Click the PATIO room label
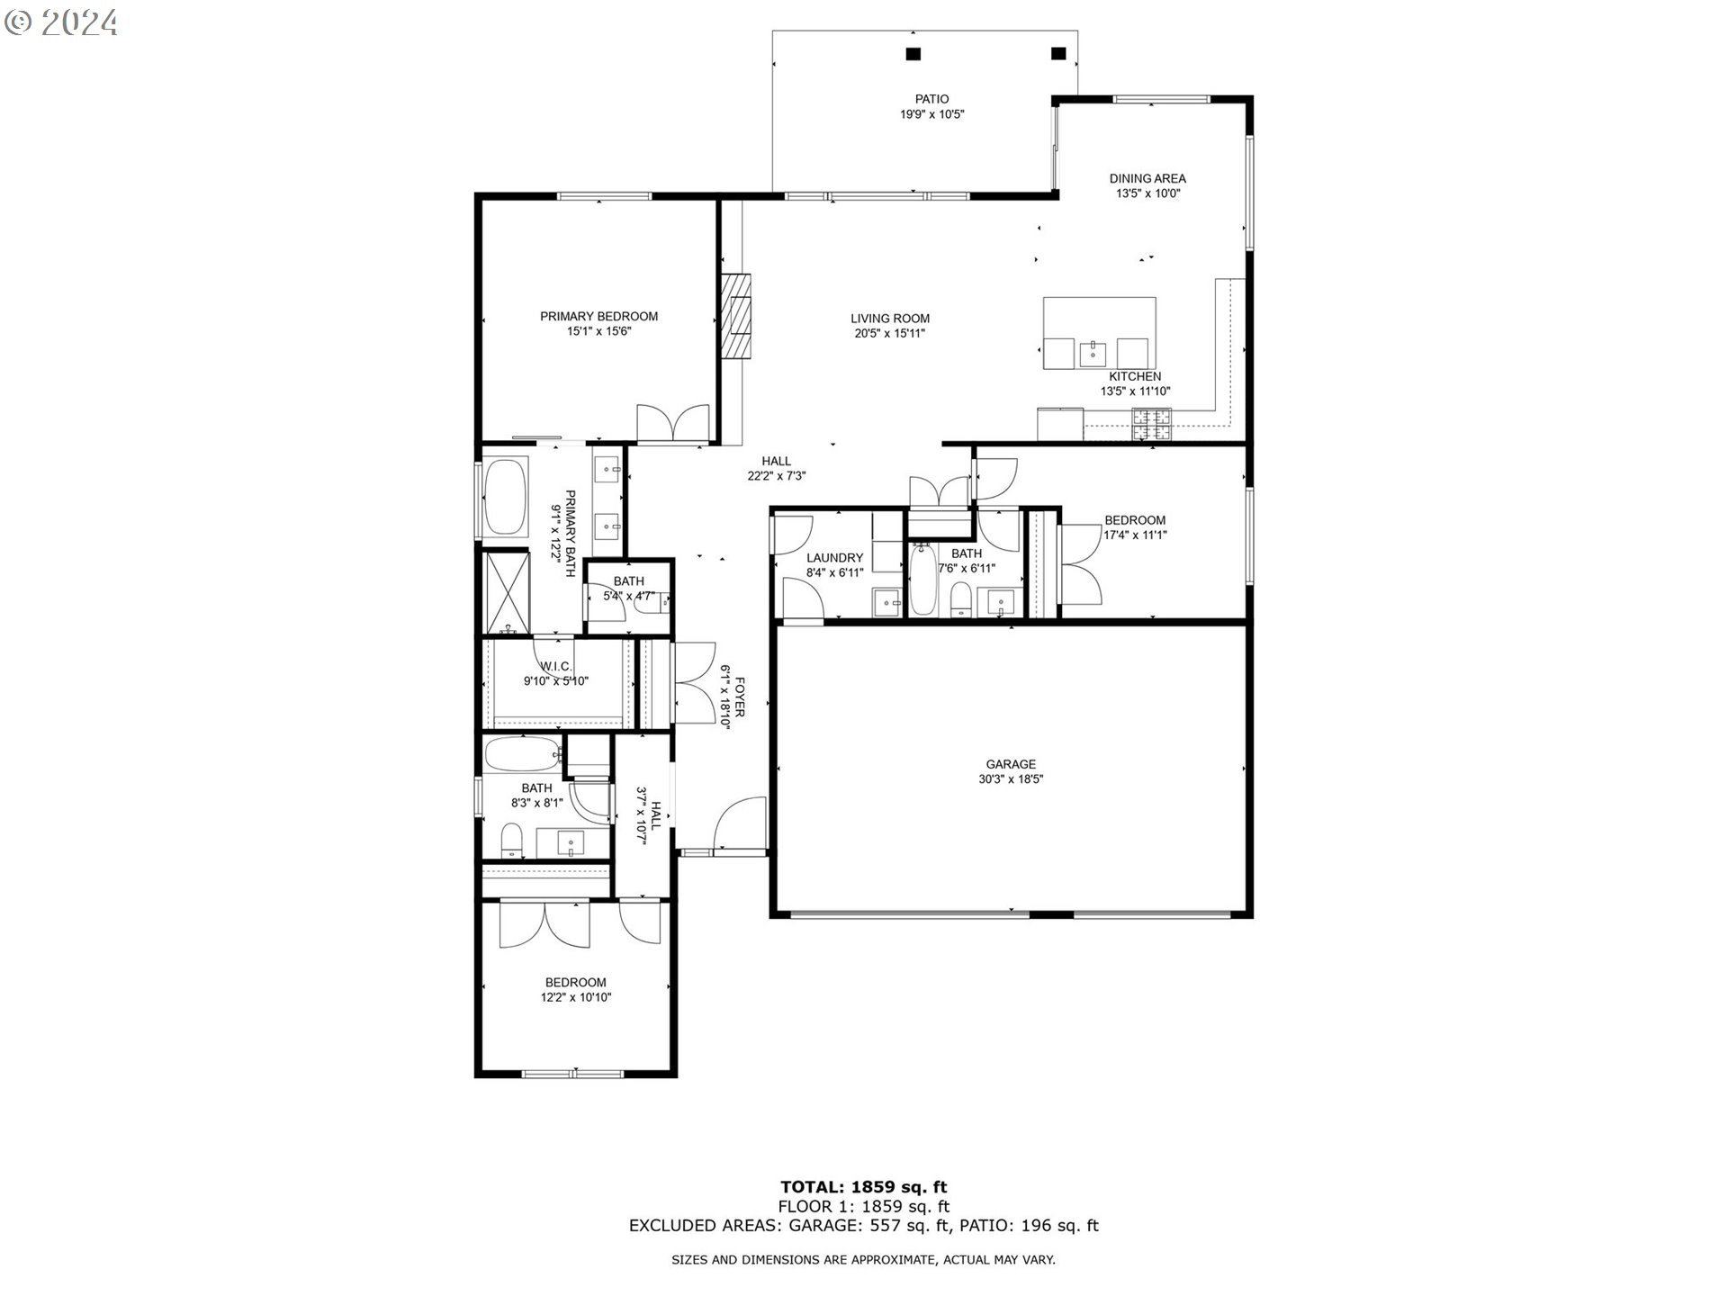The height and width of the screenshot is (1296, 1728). [x=931, y=99]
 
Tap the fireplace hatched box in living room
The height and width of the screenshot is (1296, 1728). [x=739, y=316]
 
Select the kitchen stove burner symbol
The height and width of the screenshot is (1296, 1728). [x=1152, y=424]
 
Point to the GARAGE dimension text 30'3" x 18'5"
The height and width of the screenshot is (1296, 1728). [x=1011, y=779]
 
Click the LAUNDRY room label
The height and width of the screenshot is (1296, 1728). [x=834, y=558]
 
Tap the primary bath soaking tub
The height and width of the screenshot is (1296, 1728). [x=506, y=498]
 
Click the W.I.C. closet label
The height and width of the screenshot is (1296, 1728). [x=556, y=666]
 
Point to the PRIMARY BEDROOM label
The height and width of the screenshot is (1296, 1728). [x=598, y=316]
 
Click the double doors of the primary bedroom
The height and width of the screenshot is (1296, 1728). [x=673, y=424]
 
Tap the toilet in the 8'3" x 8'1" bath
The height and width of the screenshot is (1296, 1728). [x=511, y=840]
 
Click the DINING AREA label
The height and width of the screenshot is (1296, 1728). [x=1147, y=178]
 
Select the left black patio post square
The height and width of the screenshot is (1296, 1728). [x=913, y=54]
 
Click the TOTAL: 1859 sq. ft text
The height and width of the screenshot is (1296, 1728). [x=863, y=1187]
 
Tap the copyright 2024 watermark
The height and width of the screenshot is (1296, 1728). [x=61, y=22]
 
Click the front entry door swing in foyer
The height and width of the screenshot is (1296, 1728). [x=740, y=823]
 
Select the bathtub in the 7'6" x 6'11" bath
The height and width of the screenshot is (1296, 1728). [x=922, y=580]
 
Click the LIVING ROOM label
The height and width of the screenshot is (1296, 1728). [x=889, y=318]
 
